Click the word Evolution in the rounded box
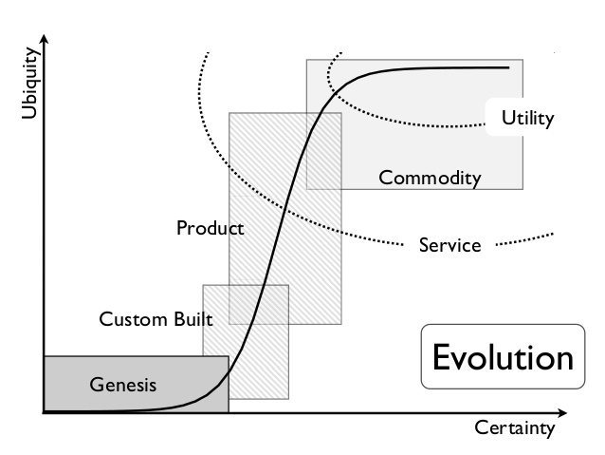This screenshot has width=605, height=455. point(503,357)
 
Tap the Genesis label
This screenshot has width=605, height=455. point(122,385)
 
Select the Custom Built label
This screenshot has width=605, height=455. point(156,318)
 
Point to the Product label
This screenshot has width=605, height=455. point(210,228)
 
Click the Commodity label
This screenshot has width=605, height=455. point(430,178)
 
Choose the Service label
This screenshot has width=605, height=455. point(449,245)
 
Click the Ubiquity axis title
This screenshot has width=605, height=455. point(27,91)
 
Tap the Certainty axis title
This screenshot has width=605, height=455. point(514,428)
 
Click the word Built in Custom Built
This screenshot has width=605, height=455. point(192,318)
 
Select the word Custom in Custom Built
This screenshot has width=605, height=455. point(133,318)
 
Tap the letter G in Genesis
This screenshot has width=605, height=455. point(97,385)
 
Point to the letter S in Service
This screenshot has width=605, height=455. point(424,245)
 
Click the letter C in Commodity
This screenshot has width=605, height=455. point(385,178)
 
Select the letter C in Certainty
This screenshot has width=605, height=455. point(480,428)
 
